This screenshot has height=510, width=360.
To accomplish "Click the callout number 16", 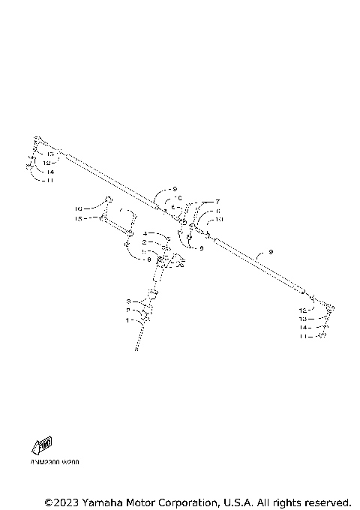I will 77,208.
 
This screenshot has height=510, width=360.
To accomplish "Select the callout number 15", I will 77,218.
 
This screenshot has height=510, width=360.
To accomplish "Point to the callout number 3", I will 128,301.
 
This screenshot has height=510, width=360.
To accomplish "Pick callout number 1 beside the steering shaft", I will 128,319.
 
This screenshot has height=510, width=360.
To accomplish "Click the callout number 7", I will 217,202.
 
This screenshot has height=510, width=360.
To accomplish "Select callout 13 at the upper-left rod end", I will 50,154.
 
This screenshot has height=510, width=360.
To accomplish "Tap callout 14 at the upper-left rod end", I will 49,172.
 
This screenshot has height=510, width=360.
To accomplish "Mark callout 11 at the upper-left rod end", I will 49,181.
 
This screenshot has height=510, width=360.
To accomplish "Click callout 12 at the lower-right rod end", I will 302,310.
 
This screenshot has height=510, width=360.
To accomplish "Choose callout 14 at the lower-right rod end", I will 302,328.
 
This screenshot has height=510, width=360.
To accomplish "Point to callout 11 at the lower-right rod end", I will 302,337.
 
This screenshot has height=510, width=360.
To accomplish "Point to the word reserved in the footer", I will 327,501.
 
